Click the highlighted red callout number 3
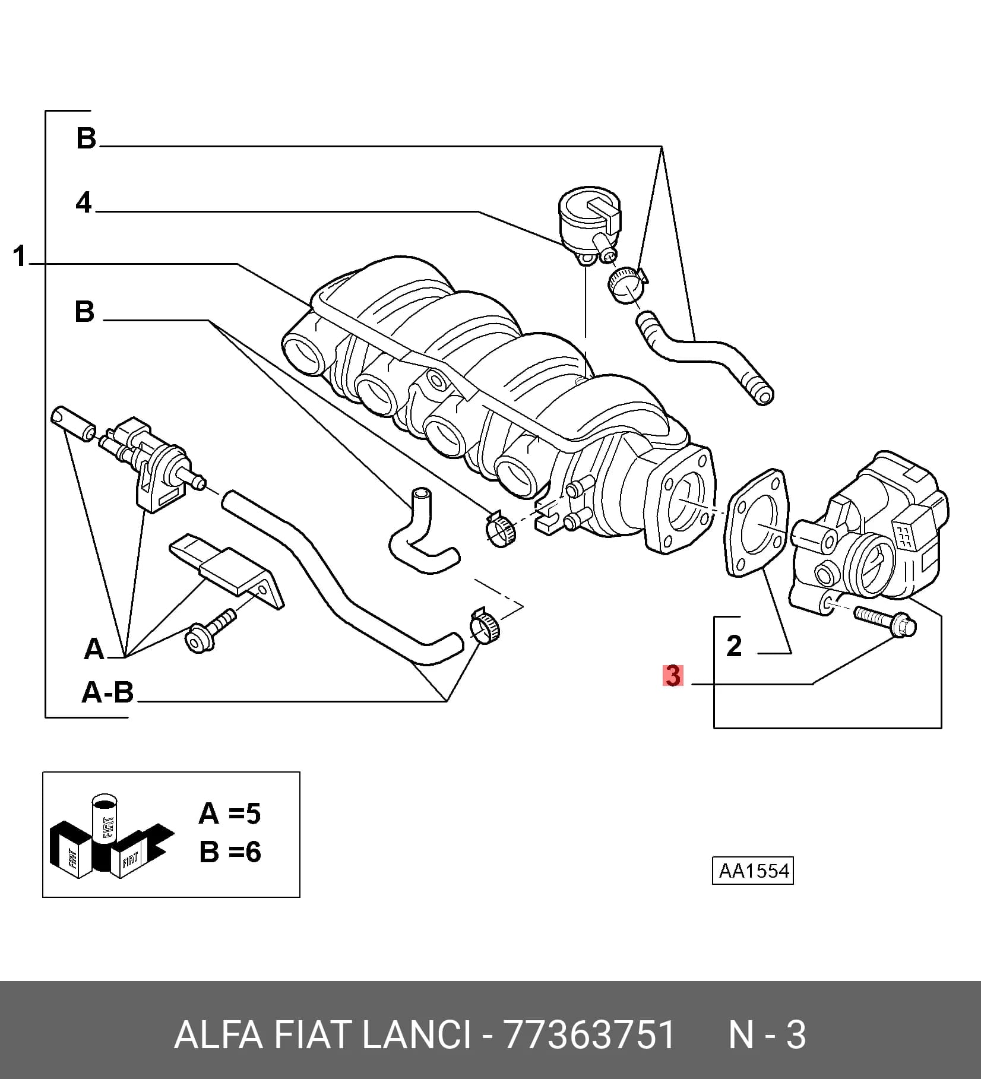point(673,676)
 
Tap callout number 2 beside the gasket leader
point(734,645)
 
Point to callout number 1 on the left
point(20,257)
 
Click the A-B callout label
point(107,692)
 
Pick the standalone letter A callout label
point(94,649)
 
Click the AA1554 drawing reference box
point(753,871)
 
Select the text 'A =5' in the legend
point(230,813)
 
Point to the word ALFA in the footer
point(218,1035)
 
